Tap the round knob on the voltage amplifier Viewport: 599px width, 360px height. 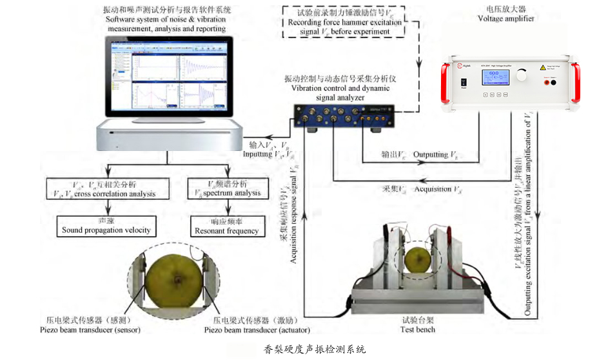(521, 75)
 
